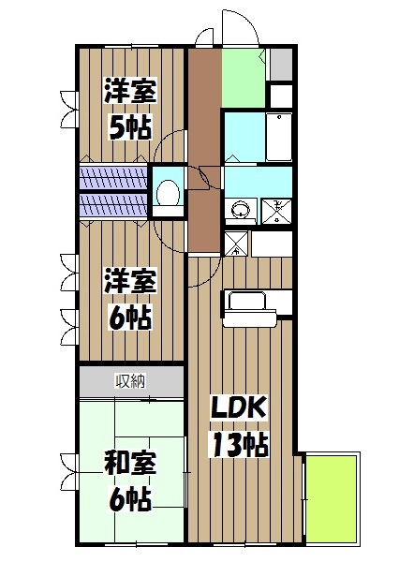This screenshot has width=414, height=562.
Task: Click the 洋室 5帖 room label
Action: point(129,109)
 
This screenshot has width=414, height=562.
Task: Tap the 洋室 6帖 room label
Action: point(130,296)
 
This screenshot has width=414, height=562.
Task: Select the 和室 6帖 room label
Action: point(130,479)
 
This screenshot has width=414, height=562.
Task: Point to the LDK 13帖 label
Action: point(239,426)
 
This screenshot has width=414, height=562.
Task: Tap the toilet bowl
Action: point(169,193)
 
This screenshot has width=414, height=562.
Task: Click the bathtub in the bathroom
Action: point(278,139)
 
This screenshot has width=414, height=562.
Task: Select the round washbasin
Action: point(240,210)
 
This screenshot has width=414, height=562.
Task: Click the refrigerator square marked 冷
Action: point(236,244)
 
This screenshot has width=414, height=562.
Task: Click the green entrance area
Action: point(244,77)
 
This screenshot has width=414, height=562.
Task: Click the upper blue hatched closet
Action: point(112,177)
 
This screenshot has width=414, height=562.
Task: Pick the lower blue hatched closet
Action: point(112,205)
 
